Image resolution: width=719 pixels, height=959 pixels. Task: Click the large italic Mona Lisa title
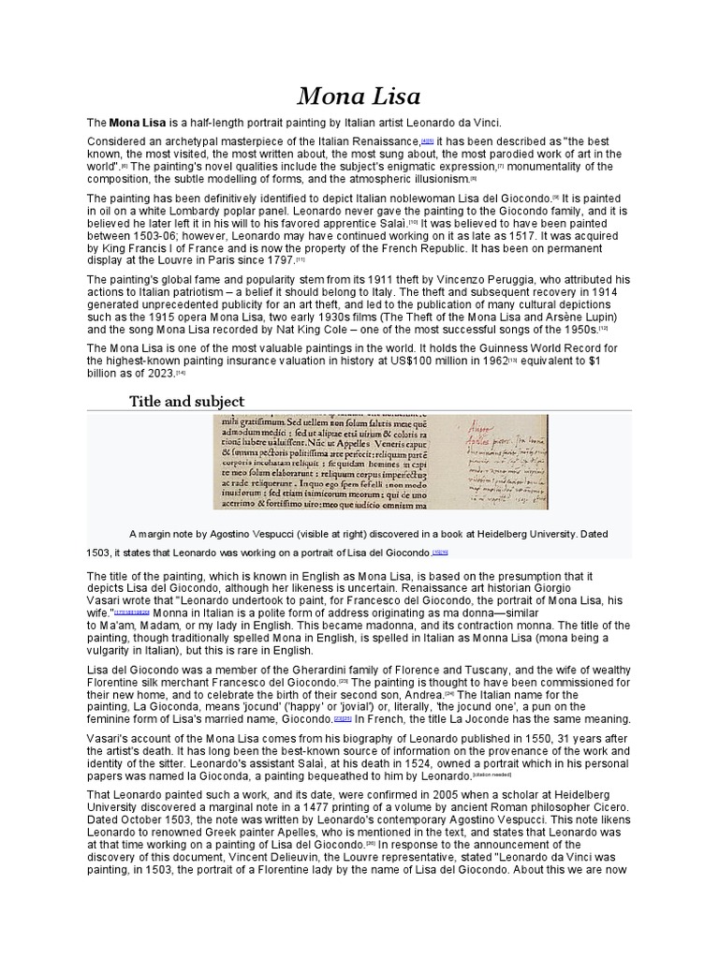pyautogui.click(x=359, y=96)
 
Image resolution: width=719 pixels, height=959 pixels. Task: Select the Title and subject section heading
pyautogui.click(x=186, y=401)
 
